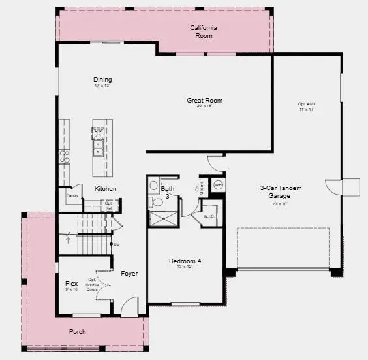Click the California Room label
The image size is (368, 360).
point(204,31)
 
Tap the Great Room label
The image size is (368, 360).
point(205,101)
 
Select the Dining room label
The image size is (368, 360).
point(102,80)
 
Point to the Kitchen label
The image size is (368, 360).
point(105,189)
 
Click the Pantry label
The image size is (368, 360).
point(72,195)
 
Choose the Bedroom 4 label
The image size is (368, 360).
point(185,261)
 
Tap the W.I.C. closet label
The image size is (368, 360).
point(209,216)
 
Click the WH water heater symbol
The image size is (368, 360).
point(218,184)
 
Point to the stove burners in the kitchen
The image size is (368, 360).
point(65,155)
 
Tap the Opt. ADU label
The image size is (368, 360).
point(306,104)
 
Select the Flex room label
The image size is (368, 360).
point(72,284)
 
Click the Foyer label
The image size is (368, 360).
point(129,273)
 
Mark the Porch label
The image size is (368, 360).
point(78,331)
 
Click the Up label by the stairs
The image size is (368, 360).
point(117,244)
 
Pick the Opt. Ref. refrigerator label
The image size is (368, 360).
point(110,205)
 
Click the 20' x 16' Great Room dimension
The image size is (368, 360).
point(205,106)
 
